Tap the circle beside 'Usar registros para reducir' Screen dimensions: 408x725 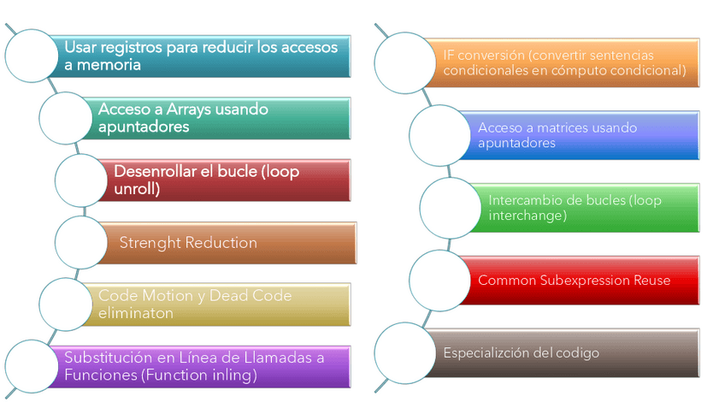[34, 56]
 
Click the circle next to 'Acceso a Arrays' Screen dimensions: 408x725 [68, 118]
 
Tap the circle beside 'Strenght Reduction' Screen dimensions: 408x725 [83, 243]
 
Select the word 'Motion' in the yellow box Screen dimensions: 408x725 [168, 296]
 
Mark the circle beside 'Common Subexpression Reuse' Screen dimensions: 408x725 [439, 281]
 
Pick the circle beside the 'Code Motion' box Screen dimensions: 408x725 [68, 305]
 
